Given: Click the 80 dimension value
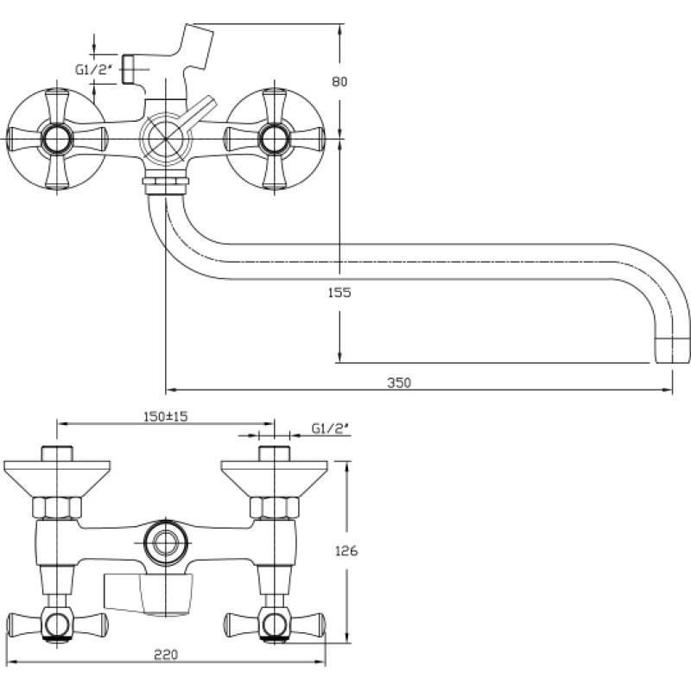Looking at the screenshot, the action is click(339, 81).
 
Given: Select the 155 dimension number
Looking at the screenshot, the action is click(339, 293).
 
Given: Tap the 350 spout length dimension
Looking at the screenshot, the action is click(399, 383).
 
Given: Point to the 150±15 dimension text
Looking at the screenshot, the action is click(166, 416).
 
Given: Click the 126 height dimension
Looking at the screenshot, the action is click(346, 551).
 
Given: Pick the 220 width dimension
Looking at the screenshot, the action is click(166, 655).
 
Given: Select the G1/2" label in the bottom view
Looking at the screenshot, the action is click(331, 428).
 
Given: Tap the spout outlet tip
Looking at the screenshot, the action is click(672, 351).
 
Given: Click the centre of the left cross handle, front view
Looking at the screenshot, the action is click(57, 139).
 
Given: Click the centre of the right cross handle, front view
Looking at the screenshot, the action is click(274, 139).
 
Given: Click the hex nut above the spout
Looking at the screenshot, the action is click(166, 181).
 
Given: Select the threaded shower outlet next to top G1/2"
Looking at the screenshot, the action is click(127, 69).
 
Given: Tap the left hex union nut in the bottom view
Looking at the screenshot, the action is click(57, 507).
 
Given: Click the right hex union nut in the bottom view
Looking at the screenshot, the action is click(274, 507).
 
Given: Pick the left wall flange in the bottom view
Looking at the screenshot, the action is click(57, 479).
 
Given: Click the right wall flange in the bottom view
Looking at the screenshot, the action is click(274, 479).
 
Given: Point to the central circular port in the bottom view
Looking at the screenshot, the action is click(166, 543).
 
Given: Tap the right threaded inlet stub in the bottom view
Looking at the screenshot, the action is click(274, 454).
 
